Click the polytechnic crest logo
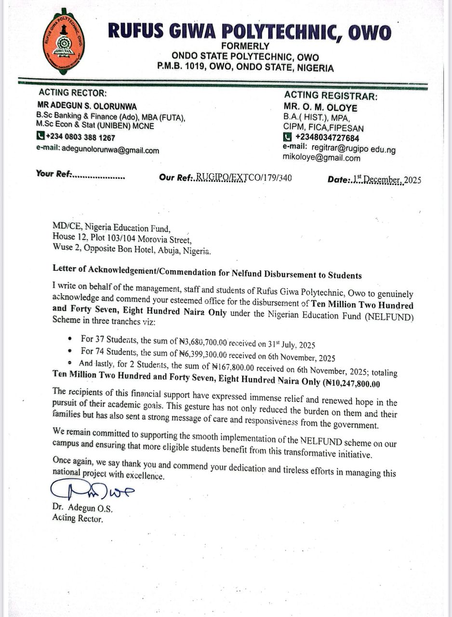(64, 42)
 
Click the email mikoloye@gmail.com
(321, 158)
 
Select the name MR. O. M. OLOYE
(320, 107)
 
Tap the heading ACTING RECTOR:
(73, 93)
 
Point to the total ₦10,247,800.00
(353, 384)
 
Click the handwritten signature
(92, 491)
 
